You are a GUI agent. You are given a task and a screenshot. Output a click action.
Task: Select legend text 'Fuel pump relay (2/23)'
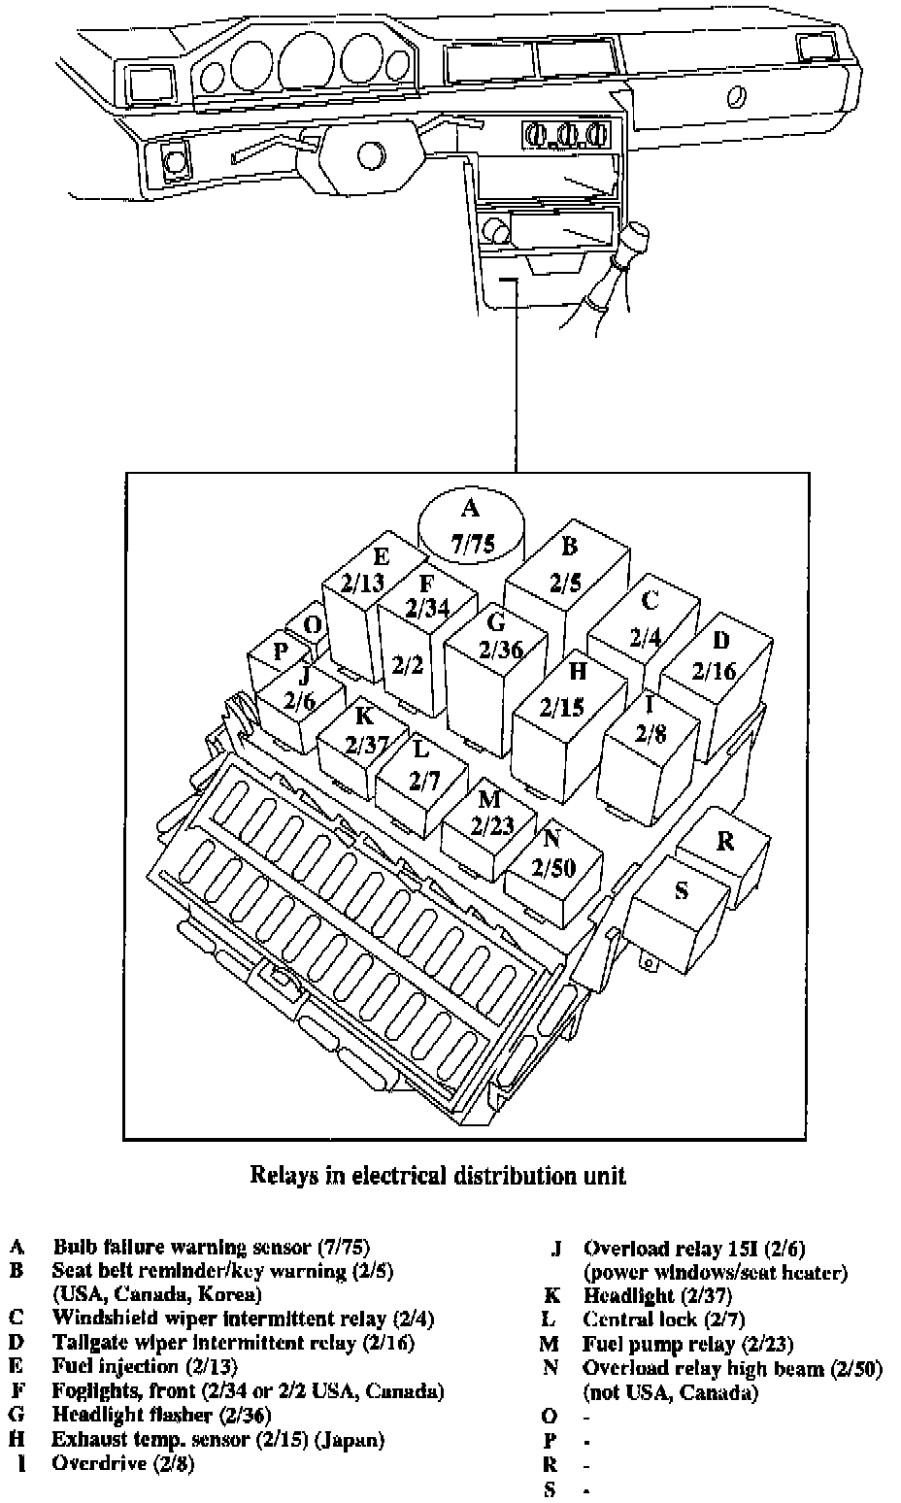click(687, 1345)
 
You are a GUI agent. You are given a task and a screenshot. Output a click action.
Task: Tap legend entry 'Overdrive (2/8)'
click(123, 1463)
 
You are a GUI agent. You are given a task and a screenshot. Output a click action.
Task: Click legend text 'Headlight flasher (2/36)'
click(161, 1415)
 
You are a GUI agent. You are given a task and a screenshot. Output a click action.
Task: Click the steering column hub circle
click(370, 154)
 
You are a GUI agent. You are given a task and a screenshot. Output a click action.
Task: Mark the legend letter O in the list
click(551, 1417)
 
